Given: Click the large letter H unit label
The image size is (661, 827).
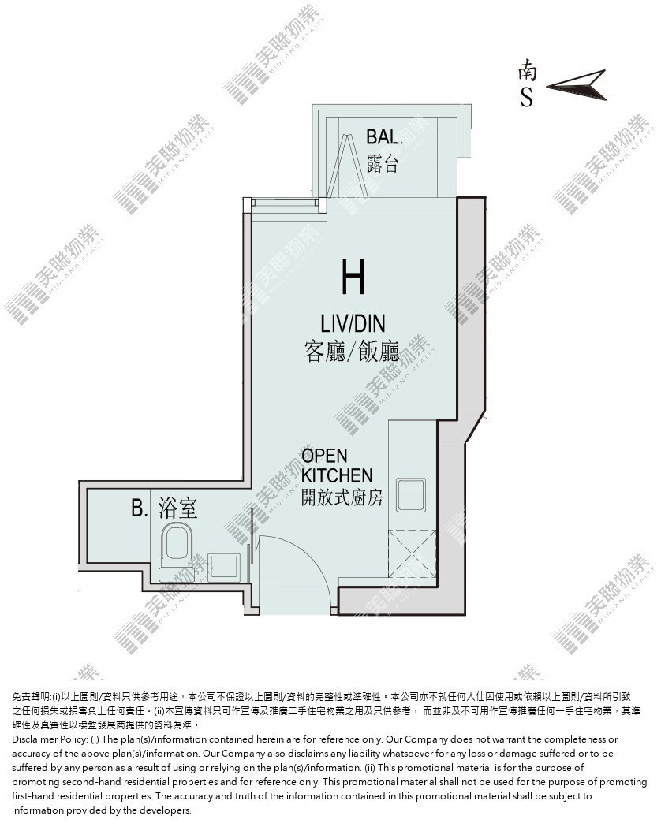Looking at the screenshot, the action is click(x=353, y=277).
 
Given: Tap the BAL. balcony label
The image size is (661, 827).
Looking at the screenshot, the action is click(x=384, y=137).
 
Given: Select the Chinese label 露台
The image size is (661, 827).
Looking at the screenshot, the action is click(x=383, y=164).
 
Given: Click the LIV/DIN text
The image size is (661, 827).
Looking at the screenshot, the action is click(x=353, y=323).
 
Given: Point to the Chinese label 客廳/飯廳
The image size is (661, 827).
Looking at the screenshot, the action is click(x=352, y=352).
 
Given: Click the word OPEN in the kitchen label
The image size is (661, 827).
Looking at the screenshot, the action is click(x=324, y=456).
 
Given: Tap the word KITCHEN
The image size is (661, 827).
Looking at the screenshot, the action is click(x=337, y=475).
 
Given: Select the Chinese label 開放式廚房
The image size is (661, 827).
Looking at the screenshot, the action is click(x=342, y=497).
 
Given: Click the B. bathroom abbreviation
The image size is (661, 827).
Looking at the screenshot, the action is click(x=140, y=508).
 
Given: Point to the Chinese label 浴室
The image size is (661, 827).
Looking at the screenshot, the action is click(x=177, y=508).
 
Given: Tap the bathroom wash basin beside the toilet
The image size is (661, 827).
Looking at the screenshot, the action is click(x=225, y=567).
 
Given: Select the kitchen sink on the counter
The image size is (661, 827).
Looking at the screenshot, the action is click(x=412, y=494).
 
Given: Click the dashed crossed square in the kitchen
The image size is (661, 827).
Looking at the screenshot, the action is click(x=413, y=553).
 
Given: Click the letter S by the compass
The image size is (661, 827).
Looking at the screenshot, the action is click(x=526, y=96).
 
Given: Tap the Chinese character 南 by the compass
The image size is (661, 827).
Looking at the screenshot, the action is click(x=528, y=69).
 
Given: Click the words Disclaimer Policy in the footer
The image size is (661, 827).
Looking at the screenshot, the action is click(x=50, y=739).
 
